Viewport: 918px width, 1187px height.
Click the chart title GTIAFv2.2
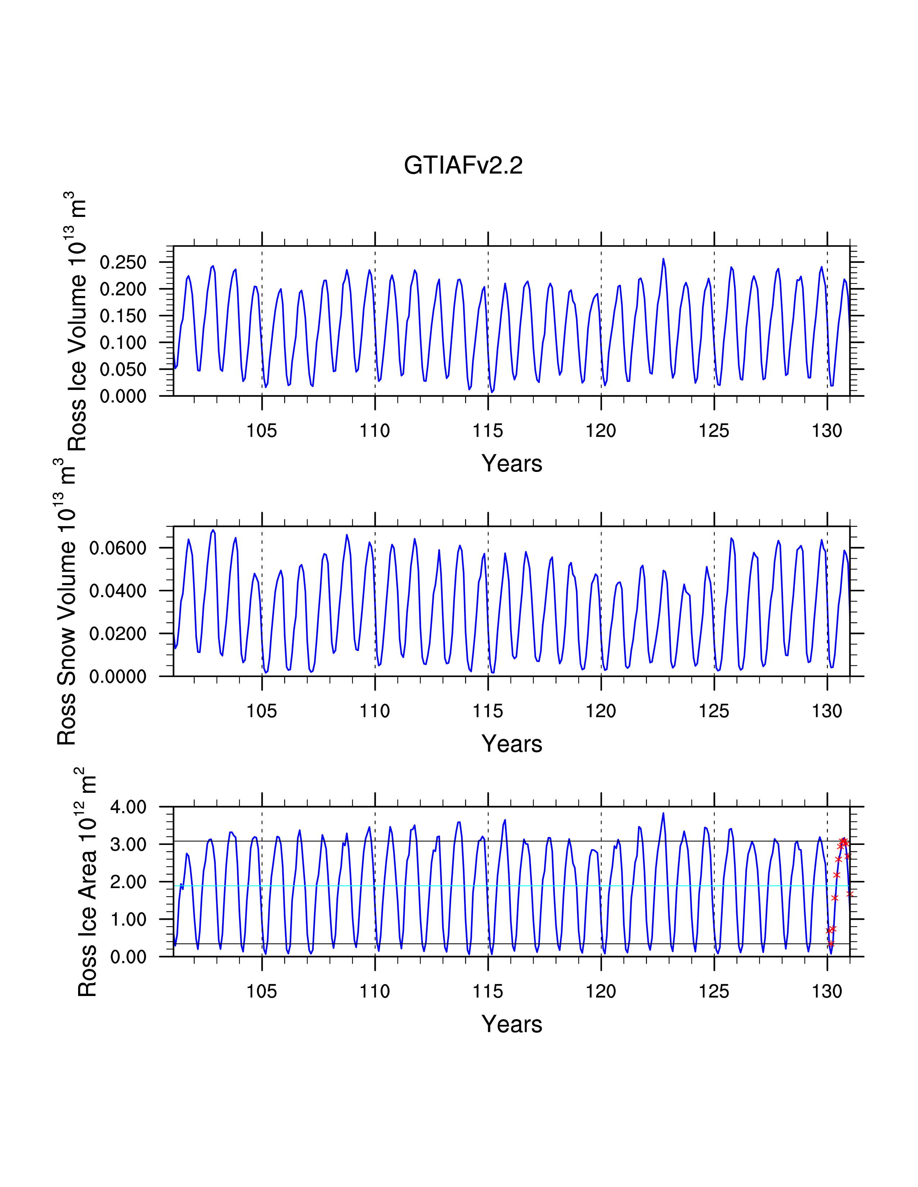coord(463,165)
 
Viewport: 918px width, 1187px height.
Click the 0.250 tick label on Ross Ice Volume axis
coord(123,263)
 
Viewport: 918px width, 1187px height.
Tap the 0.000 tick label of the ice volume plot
coord(123,396)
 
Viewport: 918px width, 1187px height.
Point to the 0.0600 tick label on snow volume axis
coord(118,548)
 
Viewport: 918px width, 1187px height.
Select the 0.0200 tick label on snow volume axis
coord(118,634)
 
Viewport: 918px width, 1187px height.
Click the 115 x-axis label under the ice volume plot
coord(488,431)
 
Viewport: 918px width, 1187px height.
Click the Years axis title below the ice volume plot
coord(512,464)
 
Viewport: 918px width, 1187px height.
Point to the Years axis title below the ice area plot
coord(512,1024)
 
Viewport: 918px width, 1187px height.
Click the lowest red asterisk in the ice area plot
coord(831,944)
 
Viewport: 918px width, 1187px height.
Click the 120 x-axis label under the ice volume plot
coord(601,431)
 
